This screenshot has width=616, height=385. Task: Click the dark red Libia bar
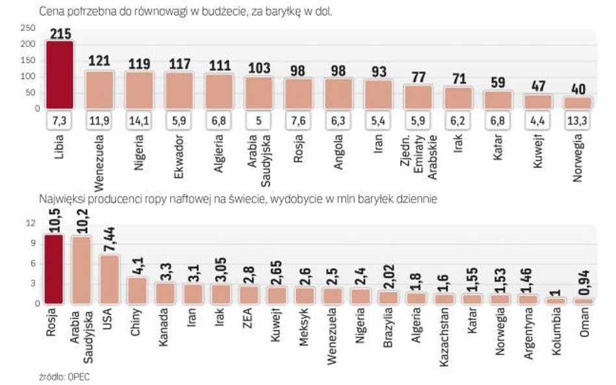(60, 75)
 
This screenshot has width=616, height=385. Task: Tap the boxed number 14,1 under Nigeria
(139, 120)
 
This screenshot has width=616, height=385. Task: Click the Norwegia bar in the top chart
(577, 103)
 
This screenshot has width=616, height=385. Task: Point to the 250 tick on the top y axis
(27, 28)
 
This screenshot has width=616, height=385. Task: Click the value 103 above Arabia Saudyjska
(259, 68)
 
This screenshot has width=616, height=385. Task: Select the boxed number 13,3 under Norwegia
(577, 120)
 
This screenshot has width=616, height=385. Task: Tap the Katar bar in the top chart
(498, 99)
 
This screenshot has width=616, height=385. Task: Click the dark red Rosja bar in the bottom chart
(53, 269)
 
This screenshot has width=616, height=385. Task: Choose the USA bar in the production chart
(109, 279)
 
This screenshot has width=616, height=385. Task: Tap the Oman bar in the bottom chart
(583, 301)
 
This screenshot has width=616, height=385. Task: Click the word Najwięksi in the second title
(60, 200)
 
